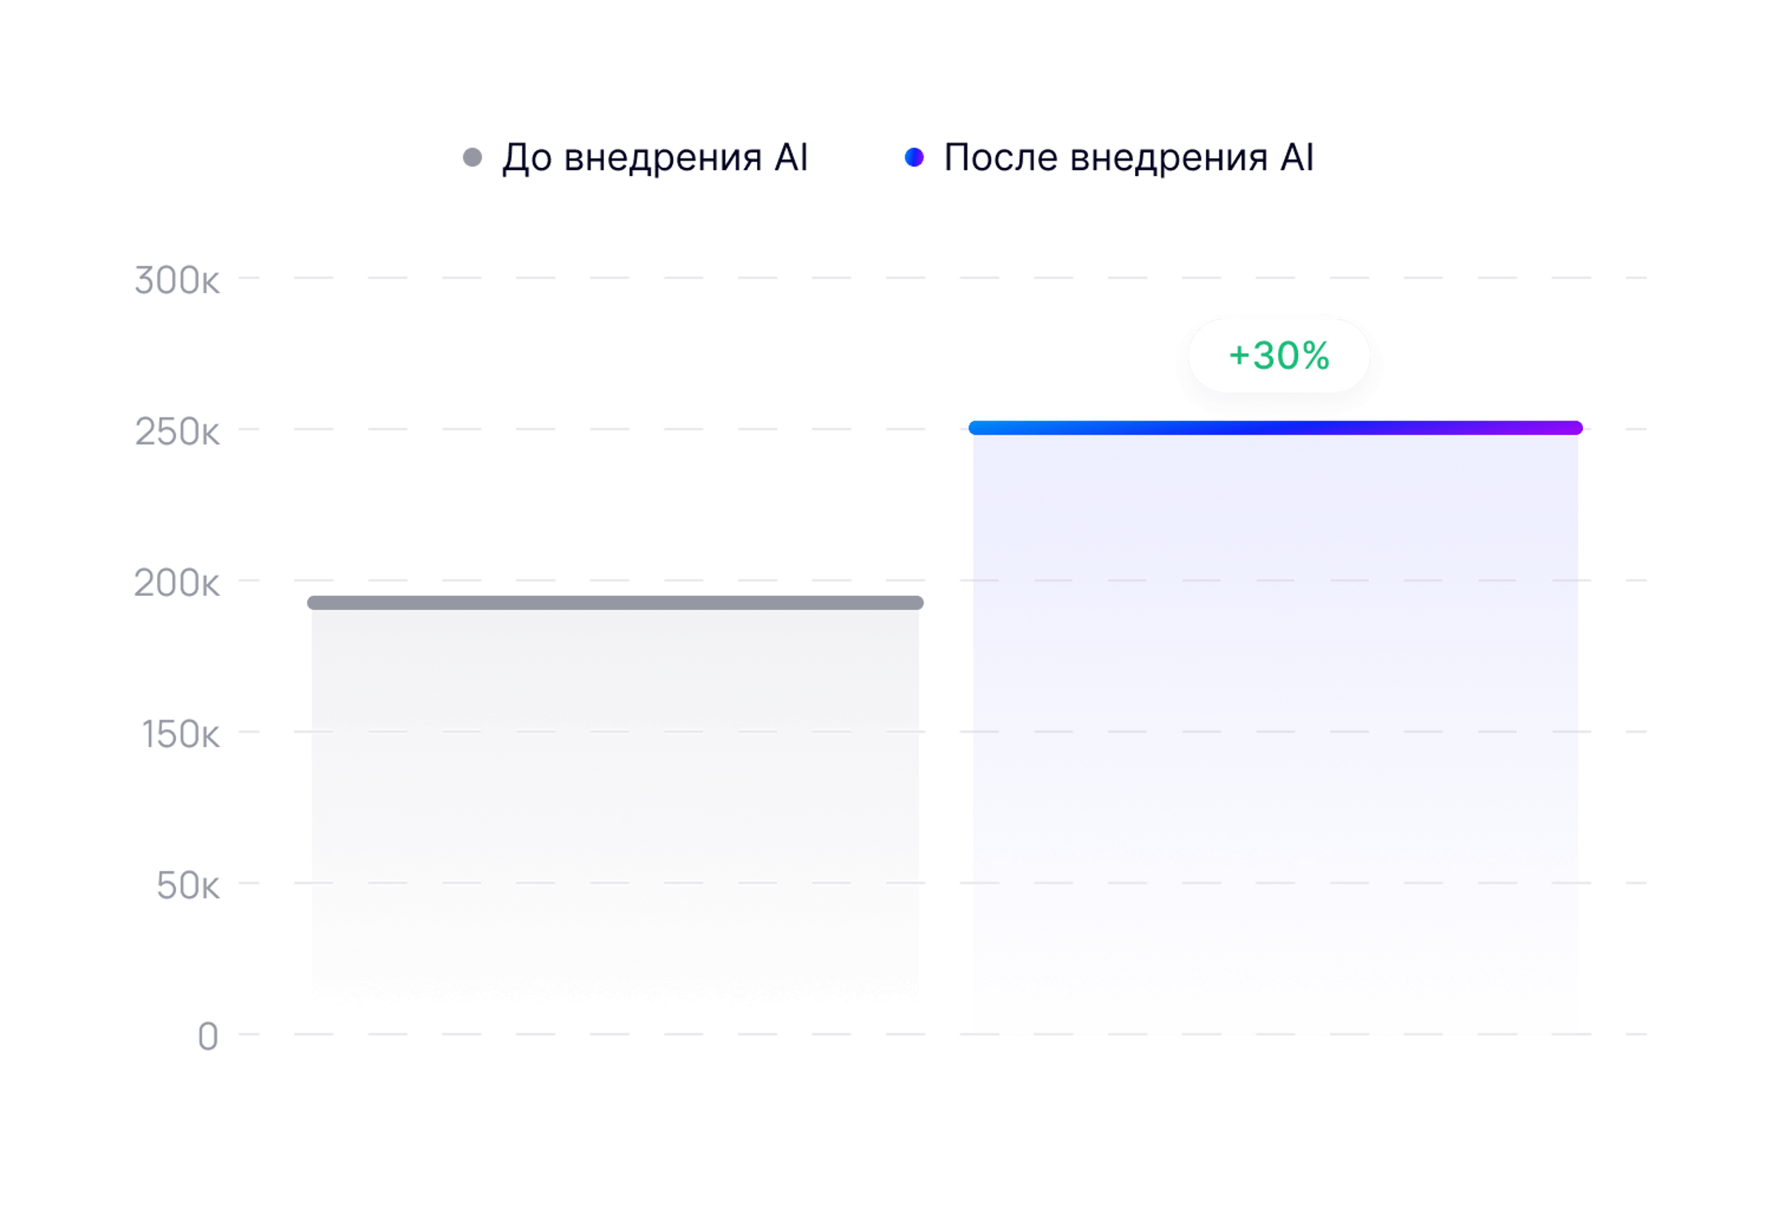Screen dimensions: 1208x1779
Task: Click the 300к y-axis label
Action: pyautogui.click(x=177, y=281)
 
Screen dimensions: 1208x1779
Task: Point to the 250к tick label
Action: pyautogui.click(x=177, y=432)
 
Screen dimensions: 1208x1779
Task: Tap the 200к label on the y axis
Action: pyautogui.click(x=176, y=583)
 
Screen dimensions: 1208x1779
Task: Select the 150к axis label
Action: pyautogui.click(x=180, y=735)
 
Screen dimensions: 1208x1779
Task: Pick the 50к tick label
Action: pyautogui.click(x=187, y=886)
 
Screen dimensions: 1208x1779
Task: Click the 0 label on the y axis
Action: pyautogui.click(x=207, y=1037)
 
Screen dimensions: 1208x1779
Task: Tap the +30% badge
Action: pyautogui.click(x=1278, y=356)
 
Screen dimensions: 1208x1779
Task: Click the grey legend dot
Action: pyautogui.click(x=472, y=158)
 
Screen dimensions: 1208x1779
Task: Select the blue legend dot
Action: pyautogui.click(x=914, y=158)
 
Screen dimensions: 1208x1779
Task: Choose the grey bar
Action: pyautogui.click(x=615, y=804)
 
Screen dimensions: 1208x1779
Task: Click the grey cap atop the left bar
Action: pyautogui.click(x=615, y=603)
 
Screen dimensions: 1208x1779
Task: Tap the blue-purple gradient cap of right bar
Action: pyautogui.click(x=1275, y=428)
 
